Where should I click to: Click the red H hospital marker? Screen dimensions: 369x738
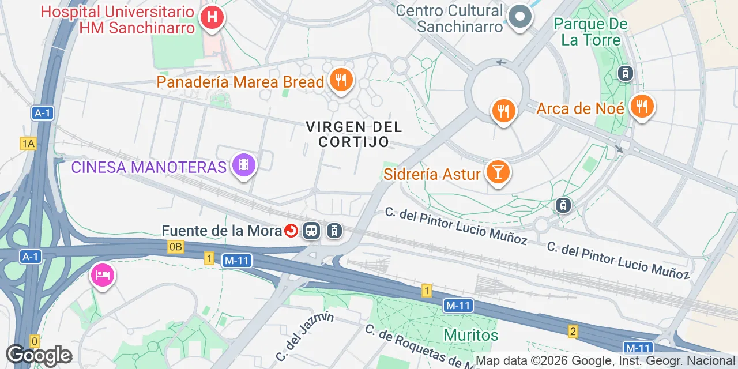pyautogui.click(x=212, y=17)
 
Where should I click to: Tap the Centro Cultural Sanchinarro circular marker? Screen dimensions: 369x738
pyautogui.click(x=520, y=16)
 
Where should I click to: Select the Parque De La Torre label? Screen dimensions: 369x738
pyautogui.click(x=590, y=32)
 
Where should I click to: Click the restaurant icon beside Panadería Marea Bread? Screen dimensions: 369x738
pyautogui.click(x=341, y=81)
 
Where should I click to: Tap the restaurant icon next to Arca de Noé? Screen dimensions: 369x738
pyautogui.click(x=642, y=107)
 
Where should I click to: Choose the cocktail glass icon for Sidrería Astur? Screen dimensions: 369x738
pyautogui.click(x=497, y=172)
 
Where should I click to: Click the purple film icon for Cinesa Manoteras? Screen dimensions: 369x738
pyautogui.click(x=244, y=165)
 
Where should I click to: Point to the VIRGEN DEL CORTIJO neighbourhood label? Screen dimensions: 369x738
pyautogui.click(x=353, y=134)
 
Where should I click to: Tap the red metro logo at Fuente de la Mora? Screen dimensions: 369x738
pyautogui.click(x=291, y=231)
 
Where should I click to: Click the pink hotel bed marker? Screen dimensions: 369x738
pyautogui.click(x=102, y=275)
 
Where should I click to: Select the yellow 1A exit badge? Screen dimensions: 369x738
pyautogui.click(x=28, y=144)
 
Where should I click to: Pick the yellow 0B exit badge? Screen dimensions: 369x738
pyautogui.click(x=176, y=247)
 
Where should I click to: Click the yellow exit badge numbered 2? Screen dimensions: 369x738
pyautogui.click(x=573, y=331)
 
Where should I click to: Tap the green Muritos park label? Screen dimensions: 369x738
pyautogui.click(x=470, y=334)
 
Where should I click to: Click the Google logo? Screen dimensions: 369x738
pyautogui.click(x=39, y=355)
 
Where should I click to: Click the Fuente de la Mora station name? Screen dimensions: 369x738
pyautogui.click(x=221, y=231)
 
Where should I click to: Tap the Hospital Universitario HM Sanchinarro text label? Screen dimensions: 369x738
pyautogui.click(x=118, y=19)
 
